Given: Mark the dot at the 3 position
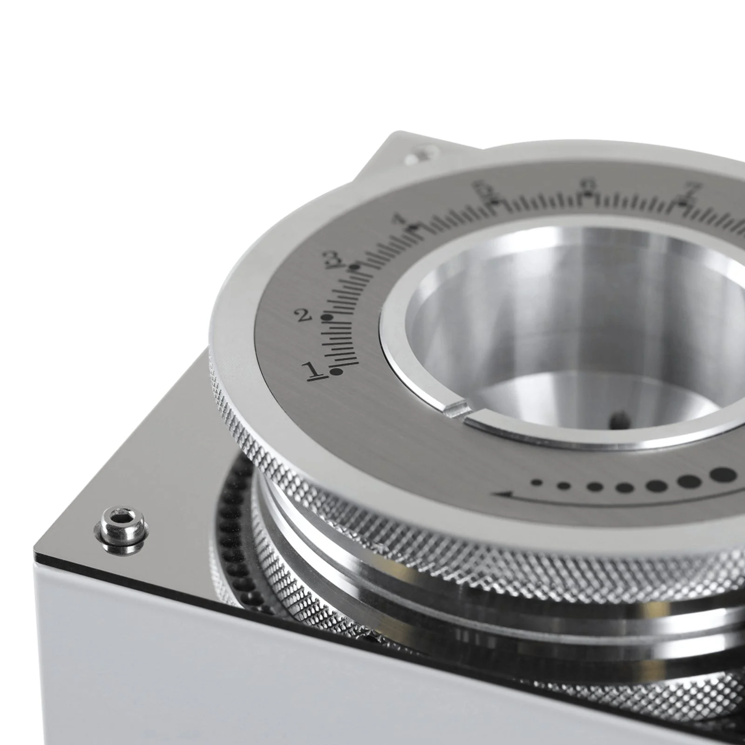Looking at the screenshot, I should tap(356, 267).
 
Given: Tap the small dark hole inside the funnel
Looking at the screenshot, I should tap(620, 415).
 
